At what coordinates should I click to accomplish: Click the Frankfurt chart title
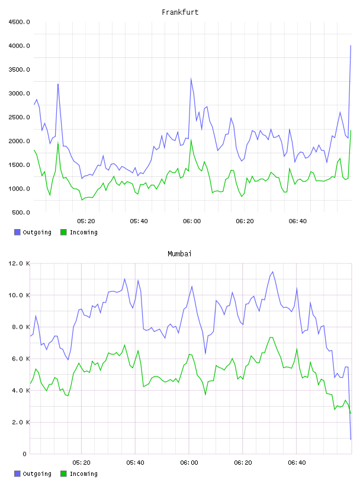(x=180, y=12)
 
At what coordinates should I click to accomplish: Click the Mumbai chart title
(x=179, y=254)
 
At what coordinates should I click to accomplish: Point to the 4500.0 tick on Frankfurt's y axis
(x=19, y=22)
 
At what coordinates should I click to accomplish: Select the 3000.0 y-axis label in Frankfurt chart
(x=19, y=94)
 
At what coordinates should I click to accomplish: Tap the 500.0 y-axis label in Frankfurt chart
(x=21, y=212)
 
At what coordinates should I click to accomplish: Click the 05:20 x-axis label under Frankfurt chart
(x=86, y=221)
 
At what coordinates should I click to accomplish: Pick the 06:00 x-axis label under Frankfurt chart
(x=192, y=221)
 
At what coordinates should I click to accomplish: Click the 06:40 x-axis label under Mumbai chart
(x=297, y=463)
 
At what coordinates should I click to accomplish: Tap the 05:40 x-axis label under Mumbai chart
(x=136, y=463)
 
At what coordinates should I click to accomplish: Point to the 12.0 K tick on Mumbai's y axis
(x=19, y=263)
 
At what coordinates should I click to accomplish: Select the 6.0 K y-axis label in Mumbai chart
(x=21, y=359)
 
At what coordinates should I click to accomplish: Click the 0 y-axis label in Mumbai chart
(x=25, y=454)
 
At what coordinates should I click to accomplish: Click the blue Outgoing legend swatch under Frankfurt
(x=17, y=232)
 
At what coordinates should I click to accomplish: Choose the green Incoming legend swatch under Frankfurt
(x=63, y=232)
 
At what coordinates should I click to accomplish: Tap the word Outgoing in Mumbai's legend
(x=37, y=474)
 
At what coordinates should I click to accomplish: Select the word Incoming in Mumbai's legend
(x=83, y=474)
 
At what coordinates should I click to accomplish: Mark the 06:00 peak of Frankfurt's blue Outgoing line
(x=191, y=79)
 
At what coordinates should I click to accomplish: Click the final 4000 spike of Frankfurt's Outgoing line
(x=351, y=46)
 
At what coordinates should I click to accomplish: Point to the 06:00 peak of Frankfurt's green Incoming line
(x=191, y=140)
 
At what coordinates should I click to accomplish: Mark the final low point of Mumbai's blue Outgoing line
(x=351, y=439)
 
